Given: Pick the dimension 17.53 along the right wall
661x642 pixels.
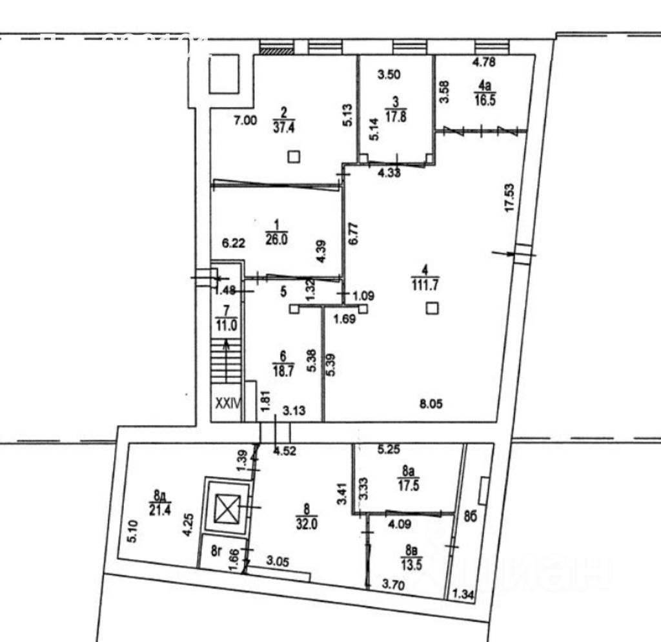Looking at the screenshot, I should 510,198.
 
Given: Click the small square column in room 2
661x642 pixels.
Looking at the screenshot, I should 294,156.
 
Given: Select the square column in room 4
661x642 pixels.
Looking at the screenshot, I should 431,309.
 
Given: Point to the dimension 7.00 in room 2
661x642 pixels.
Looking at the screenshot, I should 245,119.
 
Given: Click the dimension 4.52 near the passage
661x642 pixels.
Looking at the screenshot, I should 285,451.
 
